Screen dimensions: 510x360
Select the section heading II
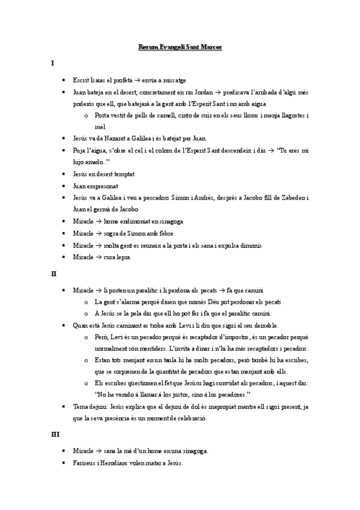53,273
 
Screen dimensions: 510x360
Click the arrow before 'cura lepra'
98,257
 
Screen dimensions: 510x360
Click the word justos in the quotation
184,394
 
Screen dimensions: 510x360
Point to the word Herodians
125,464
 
